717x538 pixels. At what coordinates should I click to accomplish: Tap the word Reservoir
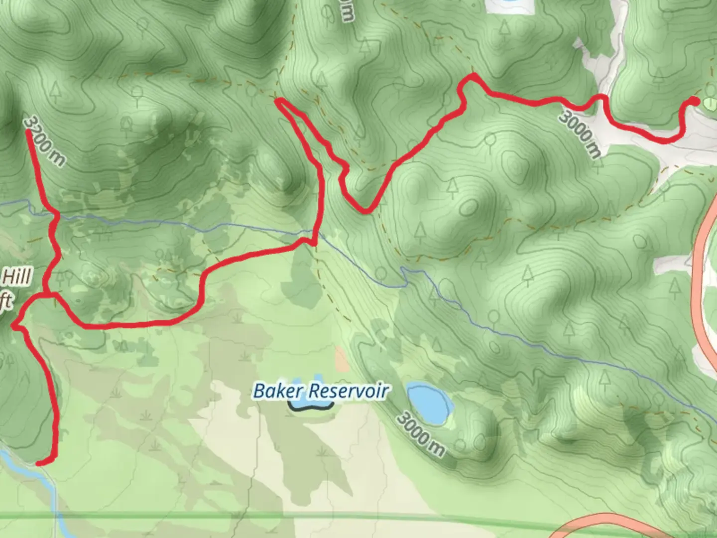[349, 391]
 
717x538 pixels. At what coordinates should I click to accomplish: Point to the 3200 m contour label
[45, 141]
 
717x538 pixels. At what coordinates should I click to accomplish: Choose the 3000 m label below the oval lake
[421, 434]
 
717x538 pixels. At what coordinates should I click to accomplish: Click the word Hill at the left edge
[17, 276]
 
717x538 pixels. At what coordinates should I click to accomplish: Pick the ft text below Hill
[6, 302]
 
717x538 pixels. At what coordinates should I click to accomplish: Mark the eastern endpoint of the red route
[694, 101]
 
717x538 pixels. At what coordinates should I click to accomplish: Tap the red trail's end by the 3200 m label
[29, 132]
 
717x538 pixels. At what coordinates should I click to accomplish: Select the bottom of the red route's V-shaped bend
[366, 211]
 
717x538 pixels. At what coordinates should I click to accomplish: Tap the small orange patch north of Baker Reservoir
[342, 359]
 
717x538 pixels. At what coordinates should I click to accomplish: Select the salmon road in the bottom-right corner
[597, 526]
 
